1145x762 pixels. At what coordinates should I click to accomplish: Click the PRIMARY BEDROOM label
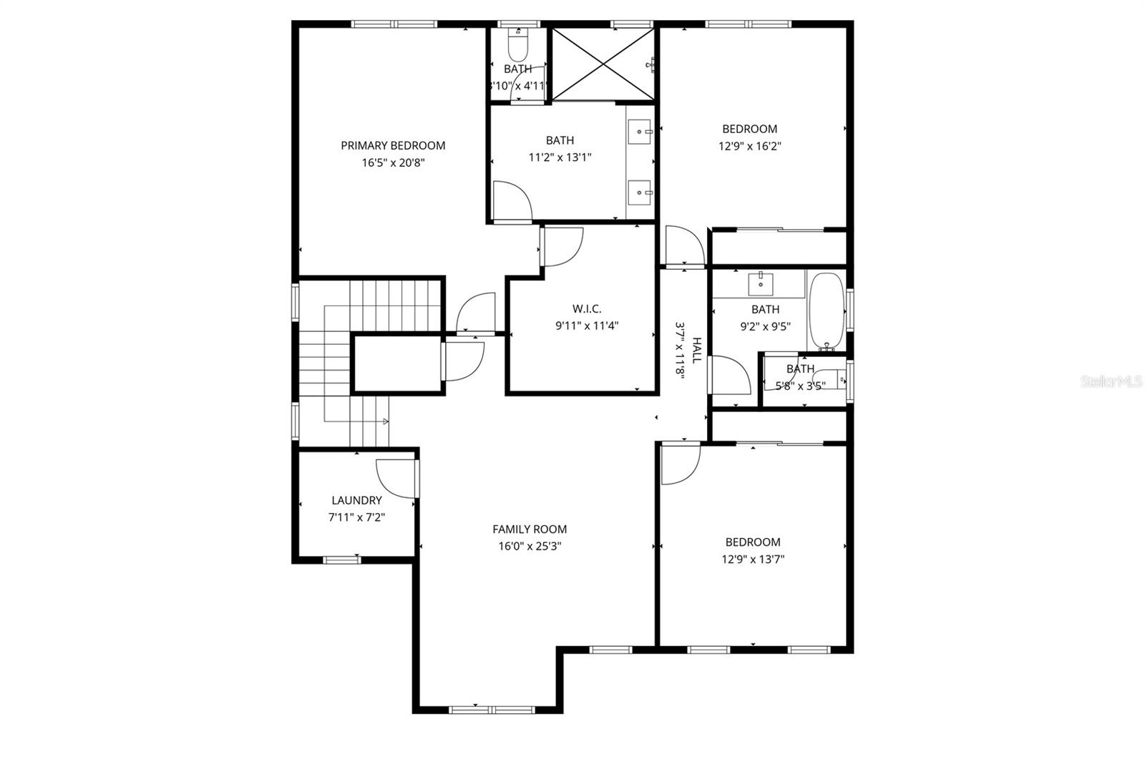click(393, 145)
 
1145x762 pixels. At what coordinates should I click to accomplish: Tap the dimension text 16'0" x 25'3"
click(530, 547)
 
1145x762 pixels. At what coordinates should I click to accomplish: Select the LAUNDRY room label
click(356, 500)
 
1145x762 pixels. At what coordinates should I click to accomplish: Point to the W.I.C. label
click(586, 308)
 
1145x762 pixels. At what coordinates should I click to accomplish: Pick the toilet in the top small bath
click(517, 47)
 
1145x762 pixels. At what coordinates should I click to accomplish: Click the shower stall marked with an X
click(603, 64)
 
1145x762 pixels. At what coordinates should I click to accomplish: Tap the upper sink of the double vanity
click(640, 132)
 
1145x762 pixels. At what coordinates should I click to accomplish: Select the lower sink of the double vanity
click(640, 192)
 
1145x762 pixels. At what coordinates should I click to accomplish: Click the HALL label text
click(696, 351)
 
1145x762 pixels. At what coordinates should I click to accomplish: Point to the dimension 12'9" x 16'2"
click(750, 146)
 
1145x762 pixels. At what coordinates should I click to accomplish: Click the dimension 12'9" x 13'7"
click(753, 560)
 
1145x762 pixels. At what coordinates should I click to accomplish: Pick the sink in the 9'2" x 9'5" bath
click(760, 284)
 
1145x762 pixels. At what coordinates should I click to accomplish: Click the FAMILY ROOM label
click(530, 529)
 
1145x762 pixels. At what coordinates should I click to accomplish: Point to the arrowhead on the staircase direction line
click(386, 421)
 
